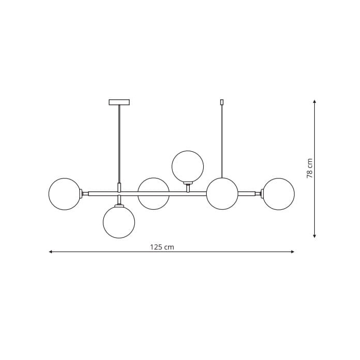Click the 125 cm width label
coord(162,247)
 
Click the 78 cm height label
coord(310,168)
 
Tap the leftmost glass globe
coord(65,194)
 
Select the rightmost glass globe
coord(279,194)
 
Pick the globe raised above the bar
coord(188,167)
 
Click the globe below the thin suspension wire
coord(222,193)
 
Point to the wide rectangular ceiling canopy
coord(119,102)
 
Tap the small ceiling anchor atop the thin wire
coord(222,102)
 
